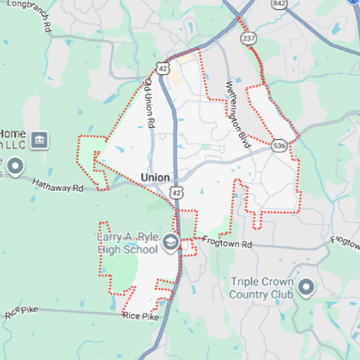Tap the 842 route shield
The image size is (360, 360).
coord(280,4)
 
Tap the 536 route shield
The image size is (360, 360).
coord(280,145)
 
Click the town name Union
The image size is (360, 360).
coord(156,177)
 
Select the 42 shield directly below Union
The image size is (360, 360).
coord(176,192)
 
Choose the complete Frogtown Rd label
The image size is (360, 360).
coord(227,243)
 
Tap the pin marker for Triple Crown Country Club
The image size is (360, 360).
coord(306,287)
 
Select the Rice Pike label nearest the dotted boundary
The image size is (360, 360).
coord(140,316)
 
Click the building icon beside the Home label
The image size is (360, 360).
coord(40,138)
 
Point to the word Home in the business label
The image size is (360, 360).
coord(12,133)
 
